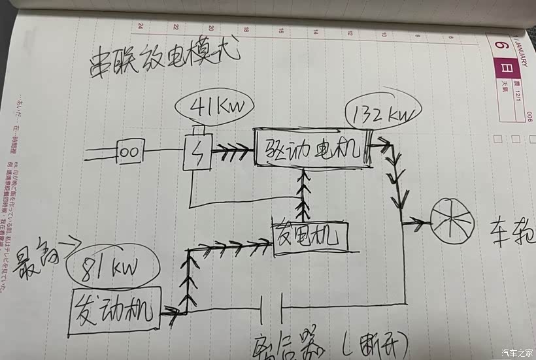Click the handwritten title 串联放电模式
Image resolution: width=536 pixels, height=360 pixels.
tap(164, 60)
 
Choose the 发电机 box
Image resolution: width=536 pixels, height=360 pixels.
tap(311, 236)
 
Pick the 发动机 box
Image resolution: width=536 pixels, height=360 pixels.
tap(114, 311)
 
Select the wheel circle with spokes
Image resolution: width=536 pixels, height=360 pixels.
tap(453, 223)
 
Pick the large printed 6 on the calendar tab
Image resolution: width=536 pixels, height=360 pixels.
tap(501, 47)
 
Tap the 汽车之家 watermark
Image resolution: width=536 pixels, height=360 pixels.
tap(516, 353)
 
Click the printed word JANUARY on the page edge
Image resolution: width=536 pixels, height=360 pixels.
tap(524, 52)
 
